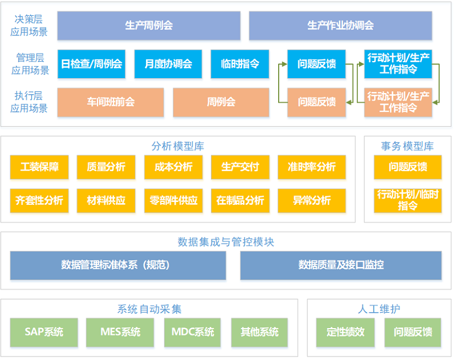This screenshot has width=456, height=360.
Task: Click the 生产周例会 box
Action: (x=149, y=26)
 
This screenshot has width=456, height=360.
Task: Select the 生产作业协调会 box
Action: (x=340, y=26)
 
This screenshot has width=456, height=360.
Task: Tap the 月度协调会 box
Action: (x=168, y=64)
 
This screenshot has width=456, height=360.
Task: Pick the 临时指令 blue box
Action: (x=240, y=64)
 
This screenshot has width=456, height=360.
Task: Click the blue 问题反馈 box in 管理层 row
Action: (x=316, y=64)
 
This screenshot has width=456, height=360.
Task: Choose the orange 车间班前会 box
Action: (x=111, y=102)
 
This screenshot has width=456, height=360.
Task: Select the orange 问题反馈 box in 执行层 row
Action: (x=316, y=102)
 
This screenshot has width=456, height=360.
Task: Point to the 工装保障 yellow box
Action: (x=39, y=167)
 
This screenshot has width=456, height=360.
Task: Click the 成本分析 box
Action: (x=173, y=167)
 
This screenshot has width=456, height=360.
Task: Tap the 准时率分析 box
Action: (x=311, y=167)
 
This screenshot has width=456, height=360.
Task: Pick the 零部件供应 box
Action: (x=173, y=200)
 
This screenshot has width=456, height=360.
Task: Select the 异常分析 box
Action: (x=311, y=200)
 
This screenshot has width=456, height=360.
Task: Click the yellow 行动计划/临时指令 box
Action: (x=408, y=200)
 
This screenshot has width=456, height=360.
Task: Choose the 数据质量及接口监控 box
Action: (x=341, y=265)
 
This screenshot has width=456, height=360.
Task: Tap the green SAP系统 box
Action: (x=44, y=332)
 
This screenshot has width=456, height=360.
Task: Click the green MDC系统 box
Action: (x=192, y=332)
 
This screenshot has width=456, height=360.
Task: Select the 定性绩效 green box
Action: (x=345, y=332)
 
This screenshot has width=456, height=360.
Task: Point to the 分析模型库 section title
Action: (x=178, y=147)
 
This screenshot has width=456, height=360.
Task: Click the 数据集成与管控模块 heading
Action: (x=226, y=242)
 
